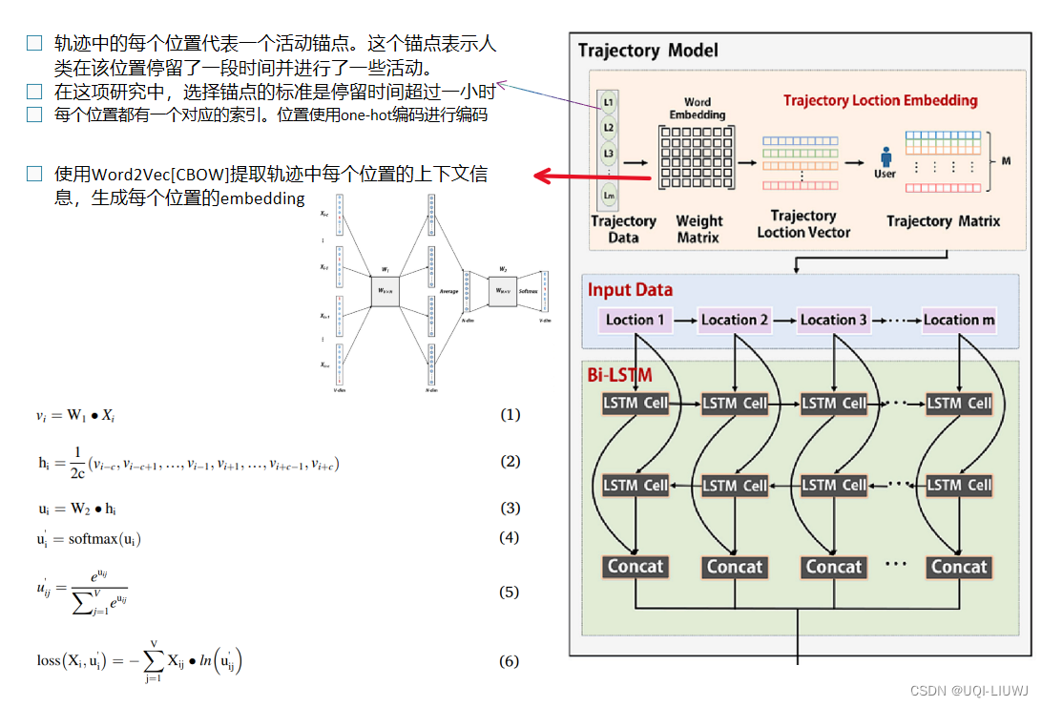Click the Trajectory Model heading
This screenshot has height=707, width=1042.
(648, 50)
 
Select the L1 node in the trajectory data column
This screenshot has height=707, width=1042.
(609, 102)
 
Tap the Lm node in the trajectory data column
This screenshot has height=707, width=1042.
(609, 196)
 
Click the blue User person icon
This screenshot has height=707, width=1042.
(885, 156)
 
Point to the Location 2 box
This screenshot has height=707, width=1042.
(735, 320)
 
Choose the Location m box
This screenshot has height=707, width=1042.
(959, 320)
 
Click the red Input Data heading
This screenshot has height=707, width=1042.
(630, 290)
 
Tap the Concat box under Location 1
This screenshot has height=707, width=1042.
(635, 567)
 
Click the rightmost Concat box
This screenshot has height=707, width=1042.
(959, 567)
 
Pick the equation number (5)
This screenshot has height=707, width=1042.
(510, 592)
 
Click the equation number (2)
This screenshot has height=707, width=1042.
(510, 462)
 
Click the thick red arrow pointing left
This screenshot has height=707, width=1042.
(592, 176)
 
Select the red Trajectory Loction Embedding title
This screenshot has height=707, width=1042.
(880, 100)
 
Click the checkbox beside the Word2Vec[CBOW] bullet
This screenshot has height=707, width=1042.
(34, 174)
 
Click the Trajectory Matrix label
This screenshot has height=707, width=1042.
(943, 221)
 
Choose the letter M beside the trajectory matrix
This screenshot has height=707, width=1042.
(1006, 161)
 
